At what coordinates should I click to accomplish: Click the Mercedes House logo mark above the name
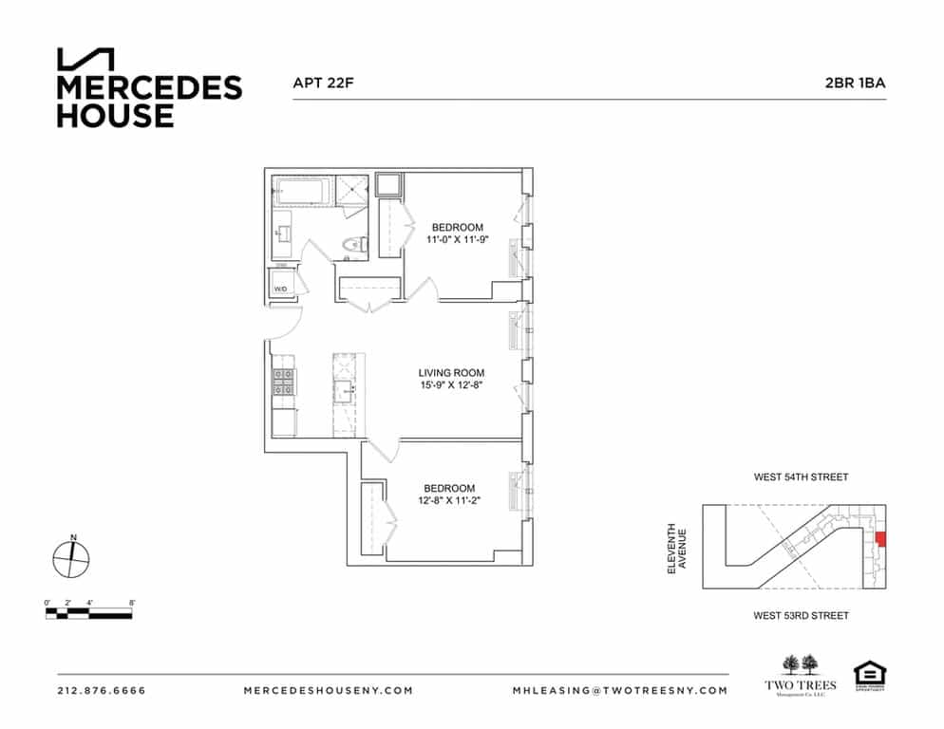tap(85, 59)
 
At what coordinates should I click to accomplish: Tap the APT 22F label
tap(324, 83)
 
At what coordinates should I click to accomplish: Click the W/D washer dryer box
tap(282, 286)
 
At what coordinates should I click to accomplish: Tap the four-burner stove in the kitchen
tap(283, 382)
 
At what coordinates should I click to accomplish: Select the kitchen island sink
tap(343, 389)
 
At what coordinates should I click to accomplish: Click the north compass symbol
tap(71, 558)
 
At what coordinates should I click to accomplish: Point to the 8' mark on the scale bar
tap(131, 603)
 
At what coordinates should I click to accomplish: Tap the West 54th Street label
tap(801, 477)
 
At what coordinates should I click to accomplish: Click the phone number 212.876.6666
tap(102, 690)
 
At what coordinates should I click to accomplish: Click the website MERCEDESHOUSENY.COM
tap(328, 690)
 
